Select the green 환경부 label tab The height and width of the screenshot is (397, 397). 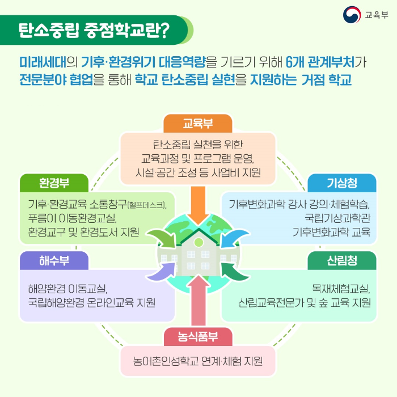click(54, 183)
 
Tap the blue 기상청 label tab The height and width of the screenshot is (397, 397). click(342, 183)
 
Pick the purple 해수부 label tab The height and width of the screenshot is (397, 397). click(54, 260)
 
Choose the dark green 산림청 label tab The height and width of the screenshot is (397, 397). click(342, 260)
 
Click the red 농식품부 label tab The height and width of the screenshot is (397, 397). click(198, 337)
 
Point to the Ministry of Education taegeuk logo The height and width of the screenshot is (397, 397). click(353, 15)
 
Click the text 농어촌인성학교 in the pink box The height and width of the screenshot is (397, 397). click(168, 361)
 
